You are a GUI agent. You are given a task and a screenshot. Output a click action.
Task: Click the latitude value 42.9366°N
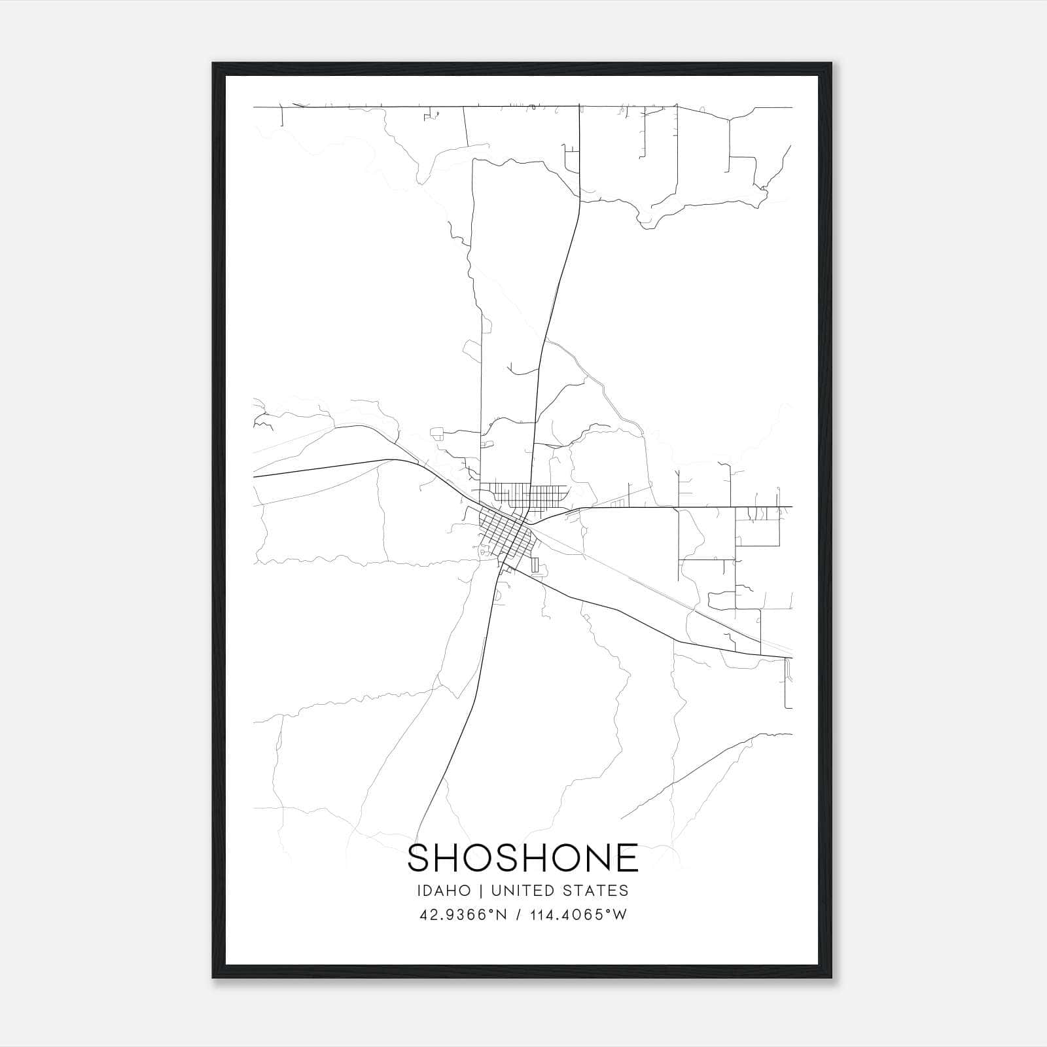pos(464,915)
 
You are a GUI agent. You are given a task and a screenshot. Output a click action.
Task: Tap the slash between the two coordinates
pos(518,915)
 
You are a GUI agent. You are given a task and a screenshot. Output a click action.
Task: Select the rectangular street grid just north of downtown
pos(523,495)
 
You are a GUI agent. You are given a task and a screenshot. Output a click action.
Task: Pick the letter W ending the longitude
pos(620,915)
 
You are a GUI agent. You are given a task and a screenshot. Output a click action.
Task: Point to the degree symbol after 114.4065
pos(609,911)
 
